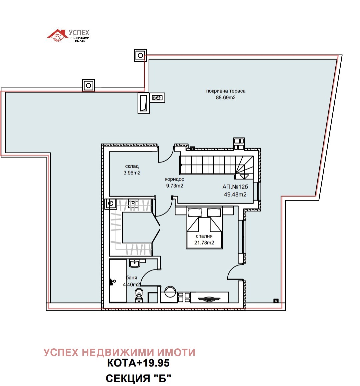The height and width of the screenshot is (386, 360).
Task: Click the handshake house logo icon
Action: [57, 35]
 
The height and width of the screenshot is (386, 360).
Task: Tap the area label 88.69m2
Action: [226, 98]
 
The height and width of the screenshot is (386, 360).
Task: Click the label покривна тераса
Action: [226, 91]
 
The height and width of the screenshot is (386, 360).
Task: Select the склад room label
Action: [132, 166]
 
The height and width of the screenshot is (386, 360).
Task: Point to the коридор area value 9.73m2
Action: [175, 186]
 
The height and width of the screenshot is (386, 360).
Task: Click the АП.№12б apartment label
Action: [235, 187]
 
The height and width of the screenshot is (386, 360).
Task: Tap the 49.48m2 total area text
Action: [235, 194]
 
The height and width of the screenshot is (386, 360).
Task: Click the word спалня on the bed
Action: [204, 236]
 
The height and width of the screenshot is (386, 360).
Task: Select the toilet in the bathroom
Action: [139, 295]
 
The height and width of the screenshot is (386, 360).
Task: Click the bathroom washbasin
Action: [134, 263]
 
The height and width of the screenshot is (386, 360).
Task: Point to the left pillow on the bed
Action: [194, 212]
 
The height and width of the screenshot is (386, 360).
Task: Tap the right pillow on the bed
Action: [214, 212]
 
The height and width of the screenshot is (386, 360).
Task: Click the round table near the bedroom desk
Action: [170, 291]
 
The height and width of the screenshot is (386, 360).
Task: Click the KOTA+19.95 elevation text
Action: [138, 363]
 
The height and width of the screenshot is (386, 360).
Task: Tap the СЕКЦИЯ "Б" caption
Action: [138, 378]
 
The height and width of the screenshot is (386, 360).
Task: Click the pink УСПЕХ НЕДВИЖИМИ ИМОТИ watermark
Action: [120, 352]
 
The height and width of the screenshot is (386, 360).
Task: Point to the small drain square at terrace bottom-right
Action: [276, 301]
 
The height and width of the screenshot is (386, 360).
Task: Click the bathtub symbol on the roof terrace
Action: [143, 103]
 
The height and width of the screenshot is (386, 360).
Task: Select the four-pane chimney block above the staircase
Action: [239, 144]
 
